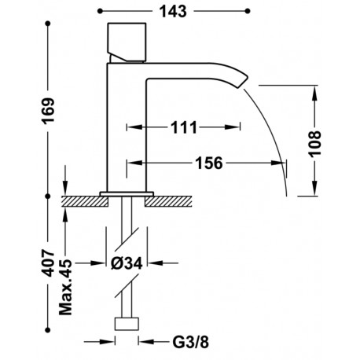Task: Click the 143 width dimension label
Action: [173, 12]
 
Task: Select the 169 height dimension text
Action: [49, 110]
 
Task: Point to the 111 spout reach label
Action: [184, 127]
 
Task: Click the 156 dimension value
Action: [209, 163]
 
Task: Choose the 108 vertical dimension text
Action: [314, 144]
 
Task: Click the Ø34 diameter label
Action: [127, 263]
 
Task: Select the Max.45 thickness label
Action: [65, 287]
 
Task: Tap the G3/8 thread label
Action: [191, 342]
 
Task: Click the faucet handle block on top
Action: [127, 42]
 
